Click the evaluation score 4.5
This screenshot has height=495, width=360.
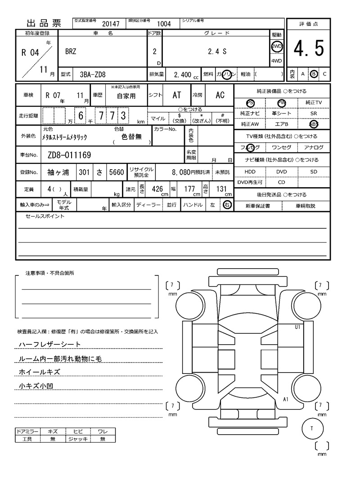point(308,49)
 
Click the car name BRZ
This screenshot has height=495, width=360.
point(71,51)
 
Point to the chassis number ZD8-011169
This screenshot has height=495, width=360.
point(69,155)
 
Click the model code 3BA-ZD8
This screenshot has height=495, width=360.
point(92,74)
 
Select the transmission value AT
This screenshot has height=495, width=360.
point(177,95)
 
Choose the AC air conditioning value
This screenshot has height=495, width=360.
point(220,95)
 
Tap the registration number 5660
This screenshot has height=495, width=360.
point(116,172)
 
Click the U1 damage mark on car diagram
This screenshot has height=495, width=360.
point(297,327)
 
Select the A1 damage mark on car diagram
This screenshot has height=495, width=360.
point(286,399)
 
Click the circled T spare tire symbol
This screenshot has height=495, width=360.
point(311,428)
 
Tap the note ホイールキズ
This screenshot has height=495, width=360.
point(39,372)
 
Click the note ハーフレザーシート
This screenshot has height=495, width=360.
point(49,344)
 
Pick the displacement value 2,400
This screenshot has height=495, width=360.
point(182,74)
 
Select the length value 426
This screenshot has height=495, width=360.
point(157,189)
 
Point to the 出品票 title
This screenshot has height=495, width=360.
point(44,23)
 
